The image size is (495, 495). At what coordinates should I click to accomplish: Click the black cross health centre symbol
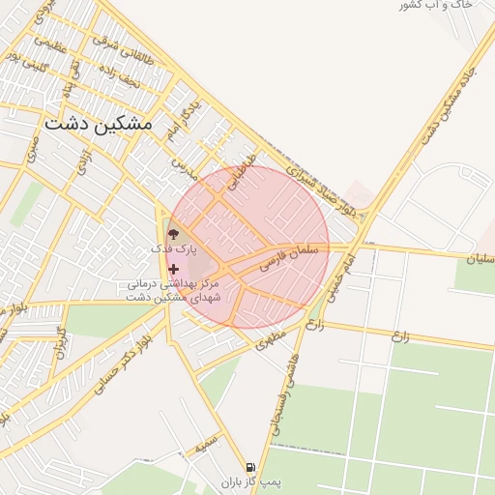click(x=173, y=269)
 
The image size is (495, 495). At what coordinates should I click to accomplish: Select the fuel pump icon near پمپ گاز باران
click(x=250, y=467)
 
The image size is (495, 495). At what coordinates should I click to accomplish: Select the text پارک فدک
click(x=173, y=249)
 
